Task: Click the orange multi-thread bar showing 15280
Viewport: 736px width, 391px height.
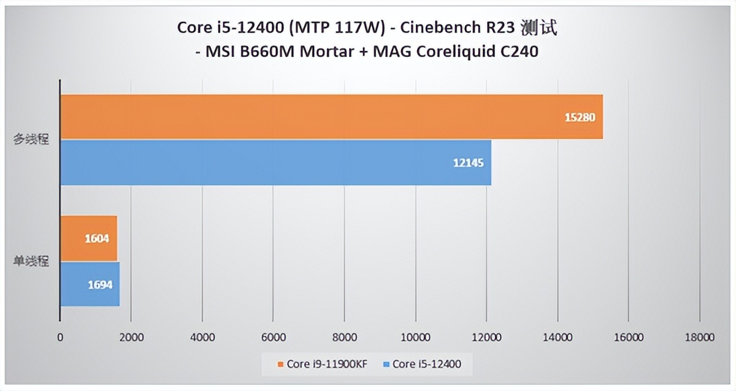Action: pyautogui.click(x=331, y=117)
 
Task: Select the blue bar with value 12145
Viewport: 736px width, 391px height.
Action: pyautogui.click(x=276, y=162)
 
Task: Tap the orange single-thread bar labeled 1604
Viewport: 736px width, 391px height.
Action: pyautogui.click(x=88, y=238)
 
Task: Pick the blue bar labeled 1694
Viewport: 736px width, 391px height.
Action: pyautogui.click(x=90, y=284)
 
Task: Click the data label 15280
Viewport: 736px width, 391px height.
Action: pyautogui.click(x=580, y=117)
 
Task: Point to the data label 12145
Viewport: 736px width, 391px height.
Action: pyautogui.click(x=469, y=163)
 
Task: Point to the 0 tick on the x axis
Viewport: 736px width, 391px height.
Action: pyautogui.click(x=59, y=337)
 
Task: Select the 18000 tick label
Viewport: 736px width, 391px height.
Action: pyautogui.click(x=700, y=337)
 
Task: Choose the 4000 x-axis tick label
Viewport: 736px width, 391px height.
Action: pyautogui.click(x=202, y=337)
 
